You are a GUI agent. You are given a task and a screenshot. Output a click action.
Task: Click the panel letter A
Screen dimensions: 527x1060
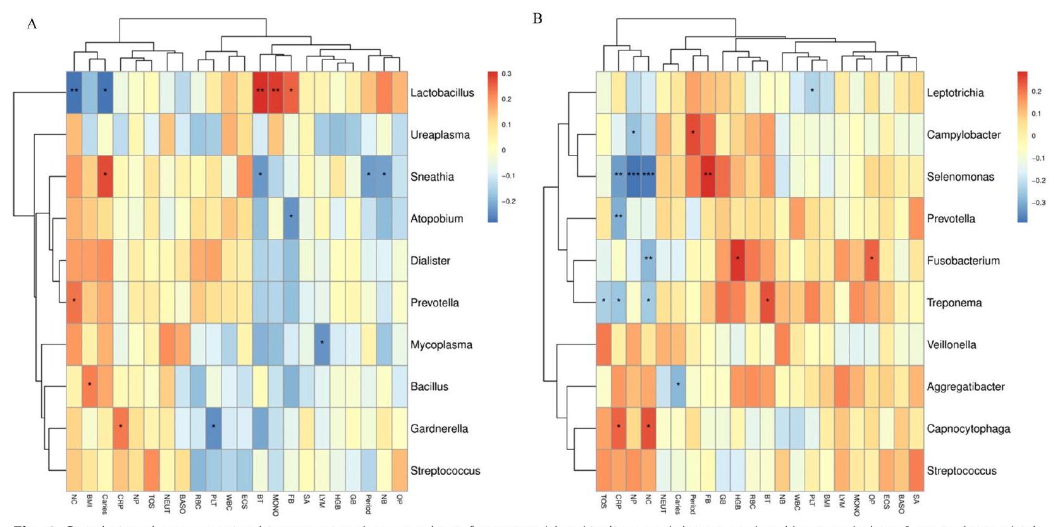click(x=32, y=24)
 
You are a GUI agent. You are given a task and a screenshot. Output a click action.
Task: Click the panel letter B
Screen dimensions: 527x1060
click(x=538, y=18)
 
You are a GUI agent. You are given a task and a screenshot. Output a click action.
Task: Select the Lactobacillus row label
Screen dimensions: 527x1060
click(x=441, y=93)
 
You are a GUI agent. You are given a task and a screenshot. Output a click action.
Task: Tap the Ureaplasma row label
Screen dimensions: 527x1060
click(x=440, y=135)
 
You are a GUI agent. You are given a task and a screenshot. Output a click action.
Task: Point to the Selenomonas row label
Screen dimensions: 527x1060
click(x=960, y=177)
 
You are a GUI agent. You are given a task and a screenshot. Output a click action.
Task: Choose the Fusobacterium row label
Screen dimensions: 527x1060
click(x=963, y=260)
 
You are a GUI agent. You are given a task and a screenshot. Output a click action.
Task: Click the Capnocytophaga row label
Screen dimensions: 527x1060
click(x=968, y=428)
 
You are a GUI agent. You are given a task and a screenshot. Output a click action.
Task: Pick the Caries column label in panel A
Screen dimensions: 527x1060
click(x=105, y=505)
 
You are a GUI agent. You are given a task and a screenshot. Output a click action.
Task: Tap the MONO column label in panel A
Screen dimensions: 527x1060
click(x=275, y=505)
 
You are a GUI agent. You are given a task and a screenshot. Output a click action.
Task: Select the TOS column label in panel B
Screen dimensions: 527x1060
click(x=603, y=502)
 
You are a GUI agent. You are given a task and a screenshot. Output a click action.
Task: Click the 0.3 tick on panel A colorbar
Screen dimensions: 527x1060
click(x=507, y=74)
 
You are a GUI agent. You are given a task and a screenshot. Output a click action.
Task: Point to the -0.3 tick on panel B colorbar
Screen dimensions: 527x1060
click(x=1038, y=203)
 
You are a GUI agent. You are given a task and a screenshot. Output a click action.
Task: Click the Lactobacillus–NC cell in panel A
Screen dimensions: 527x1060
click(x=74, y=92)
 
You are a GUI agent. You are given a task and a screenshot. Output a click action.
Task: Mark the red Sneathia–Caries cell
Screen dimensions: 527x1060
click(x=105, y=176)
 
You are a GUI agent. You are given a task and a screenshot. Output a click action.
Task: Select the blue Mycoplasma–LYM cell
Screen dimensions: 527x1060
click(x=322, y=344)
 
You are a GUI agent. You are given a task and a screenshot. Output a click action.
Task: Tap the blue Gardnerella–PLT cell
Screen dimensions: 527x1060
click(x=214, y=428)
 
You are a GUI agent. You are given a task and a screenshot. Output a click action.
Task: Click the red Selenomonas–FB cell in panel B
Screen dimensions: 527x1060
click(x=708, y=176)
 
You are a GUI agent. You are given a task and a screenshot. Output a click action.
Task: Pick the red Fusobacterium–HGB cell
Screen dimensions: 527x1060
click(x=737, y=260)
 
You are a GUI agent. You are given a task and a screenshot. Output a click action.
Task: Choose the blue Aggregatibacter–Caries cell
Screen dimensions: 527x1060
click(x=677, y=386)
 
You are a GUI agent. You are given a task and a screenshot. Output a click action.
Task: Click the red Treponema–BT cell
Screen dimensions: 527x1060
click(x=767, y=302)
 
